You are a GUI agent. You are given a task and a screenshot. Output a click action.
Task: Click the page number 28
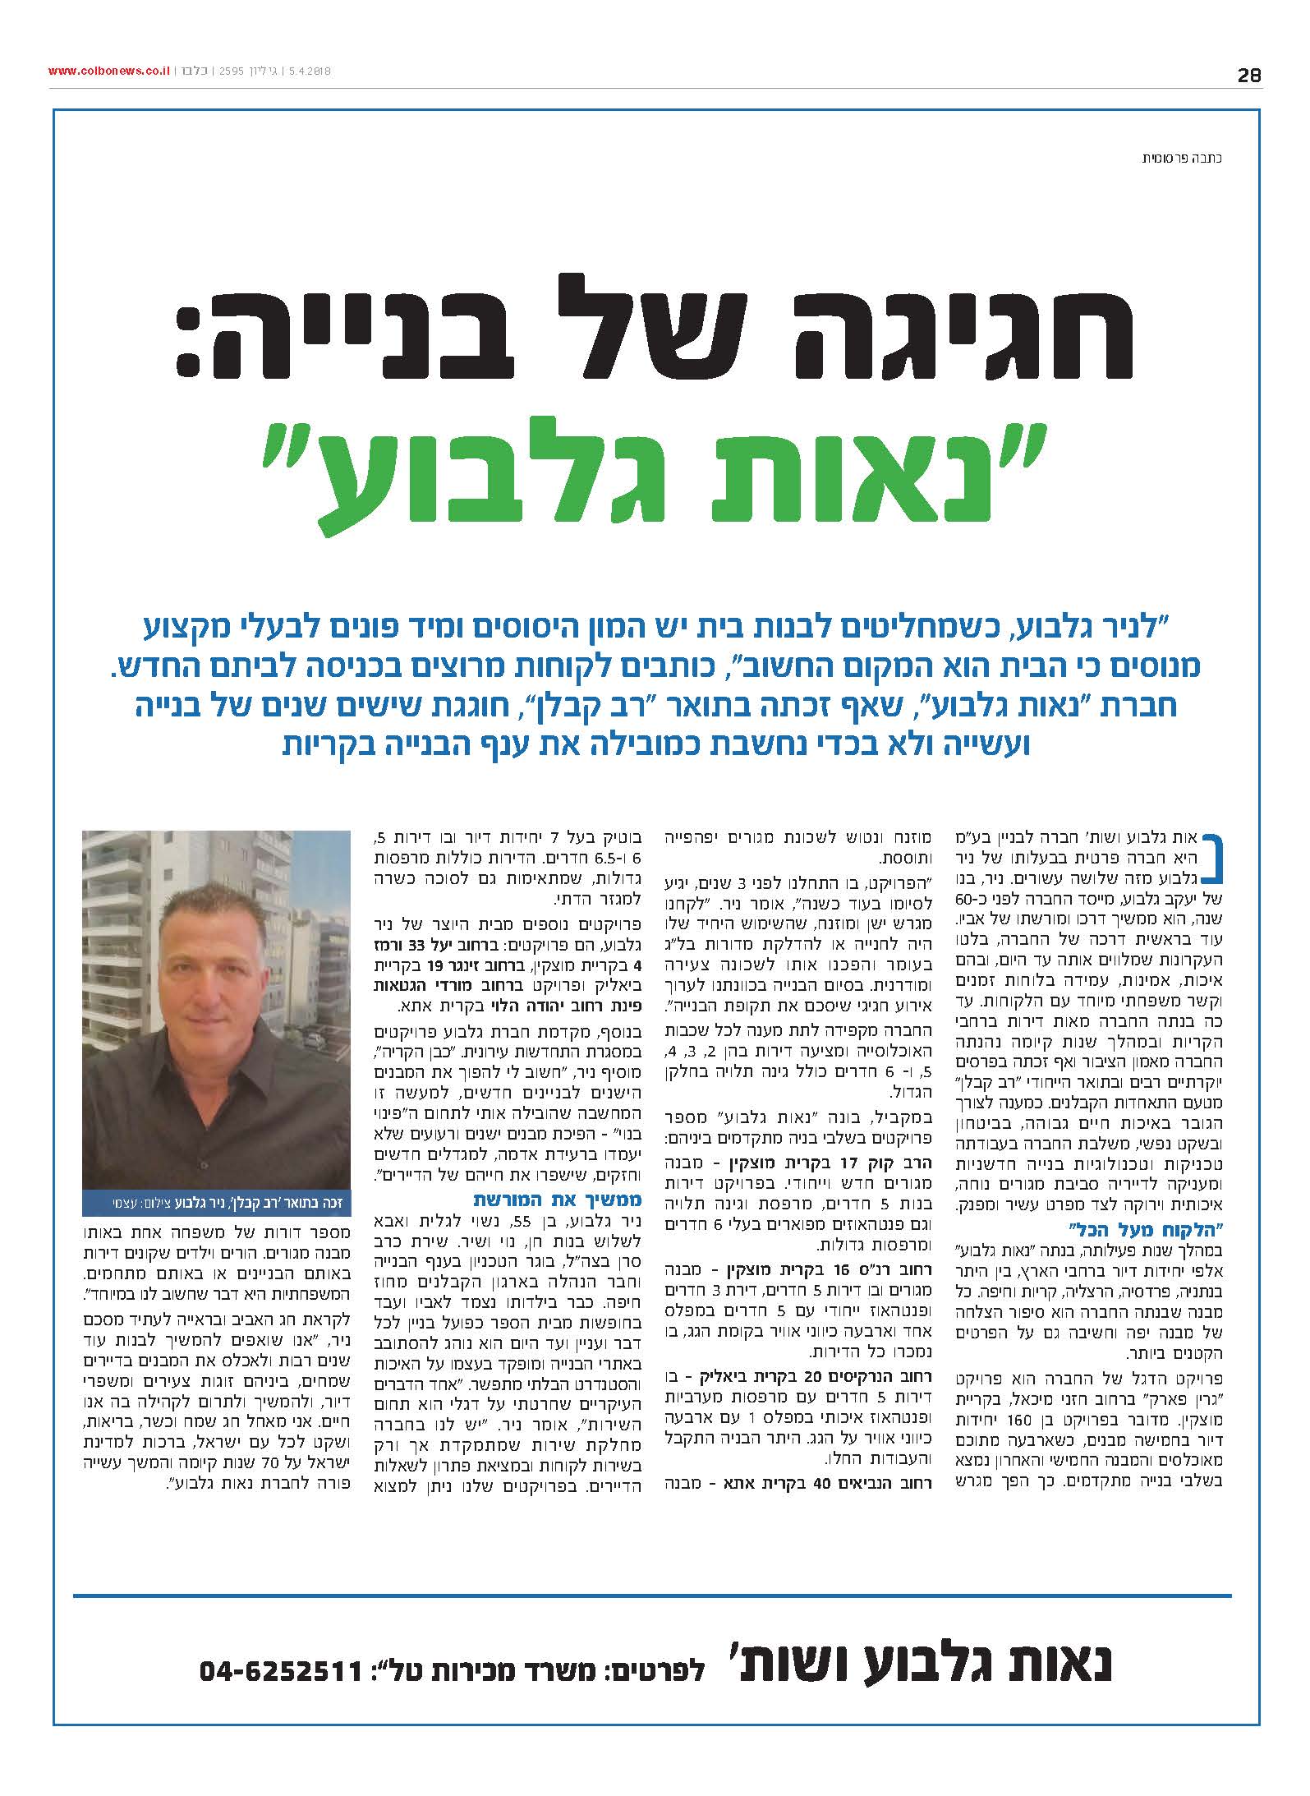(x=1248, y=76)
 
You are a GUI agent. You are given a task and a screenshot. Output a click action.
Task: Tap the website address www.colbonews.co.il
(x=108, y=72)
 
